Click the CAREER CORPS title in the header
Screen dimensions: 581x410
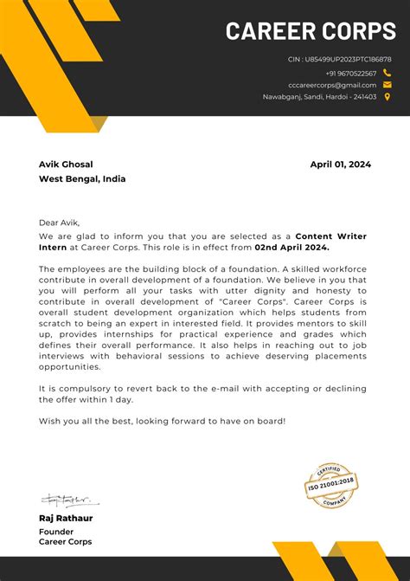coord(311,31)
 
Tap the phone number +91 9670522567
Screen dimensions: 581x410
coord(351,74)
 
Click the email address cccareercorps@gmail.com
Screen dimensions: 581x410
coord(332,85)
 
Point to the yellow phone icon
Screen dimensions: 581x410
coord(388,74)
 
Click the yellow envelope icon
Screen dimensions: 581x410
coord(388,85)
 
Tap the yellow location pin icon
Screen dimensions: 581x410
coord(388,97)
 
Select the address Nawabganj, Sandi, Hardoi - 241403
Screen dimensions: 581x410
coord(319,97)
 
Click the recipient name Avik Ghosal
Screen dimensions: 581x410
coord(66,165)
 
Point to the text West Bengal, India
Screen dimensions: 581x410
coord(82,179)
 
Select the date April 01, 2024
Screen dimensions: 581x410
coord(340,165)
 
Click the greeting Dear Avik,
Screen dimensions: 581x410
coord(59,223)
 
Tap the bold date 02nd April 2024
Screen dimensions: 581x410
coord(291,247)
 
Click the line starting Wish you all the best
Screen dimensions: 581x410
coord(162,421)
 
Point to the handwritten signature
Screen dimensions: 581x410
coord(68,500)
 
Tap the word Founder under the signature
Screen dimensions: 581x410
coord(56,532)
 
